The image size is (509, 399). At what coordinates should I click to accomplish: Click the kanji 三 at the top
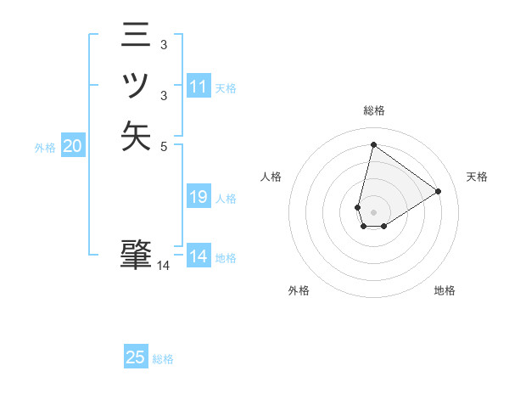pos(136,36)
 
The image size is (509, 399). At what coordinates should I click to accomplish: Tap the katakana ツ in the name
pos(136,86)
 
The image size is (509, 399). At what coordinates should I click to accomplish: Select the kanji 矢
pos(136,136)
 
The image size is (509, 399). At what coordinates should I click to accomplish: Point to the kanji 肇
pos(136,253)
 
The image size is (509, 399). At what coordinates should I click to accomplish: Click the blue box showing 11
pos(199,87)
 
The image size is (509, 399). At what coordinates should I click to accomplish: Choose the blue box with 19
pos(199,197)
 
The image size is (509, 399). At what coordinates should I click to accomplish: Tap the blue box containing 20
pos(73,147)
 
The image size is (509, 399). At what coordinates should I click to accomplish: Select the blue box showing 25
pos(136,357)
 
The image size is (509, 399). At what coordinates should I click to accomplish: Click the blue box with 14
pos(199,256)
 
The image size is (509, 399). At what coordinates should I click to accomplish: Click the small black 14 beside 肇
pos(163,266)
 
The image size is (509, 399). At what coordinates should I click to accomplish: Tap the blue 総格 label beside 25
pos(163,359)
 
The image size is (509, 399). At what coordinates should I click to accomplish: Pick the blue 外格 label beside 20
pos(45,148)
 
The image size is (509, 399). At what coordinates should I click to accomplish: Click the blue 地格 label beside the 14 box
pos(226,258)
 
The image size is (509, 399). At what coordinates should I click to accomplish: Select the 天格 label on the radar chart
pos(477,177)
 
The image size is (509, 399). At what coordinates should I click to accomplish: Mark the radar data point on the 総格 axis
pos(373,144)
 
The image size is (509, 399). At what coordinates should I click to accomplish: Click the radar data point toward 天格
pos(438,192)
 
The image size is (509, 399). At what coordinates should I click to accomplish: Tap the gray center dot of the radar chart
pos(373,212)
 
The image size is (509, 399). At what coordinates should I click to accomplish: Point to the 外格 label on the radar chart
pos(299,290)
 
